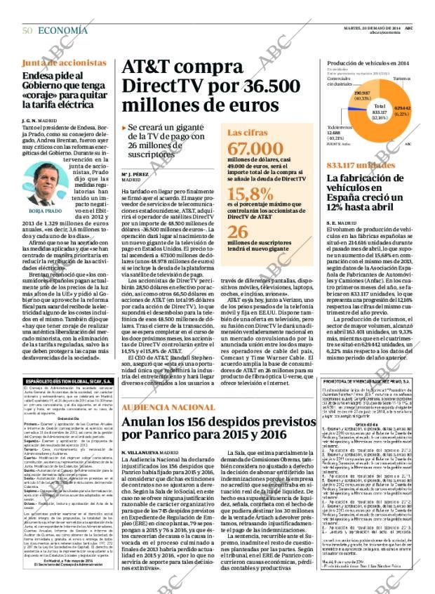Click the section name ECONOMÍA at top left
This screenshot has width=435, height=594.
pos(63,30)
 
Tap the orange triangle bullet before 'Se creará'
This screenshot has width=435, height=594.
pos(124,128)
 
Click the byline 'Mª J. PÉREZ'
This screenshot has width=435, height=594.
pos(136,173)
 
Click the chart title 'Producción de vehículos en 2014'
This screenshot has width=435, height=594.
pos(368,63)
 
